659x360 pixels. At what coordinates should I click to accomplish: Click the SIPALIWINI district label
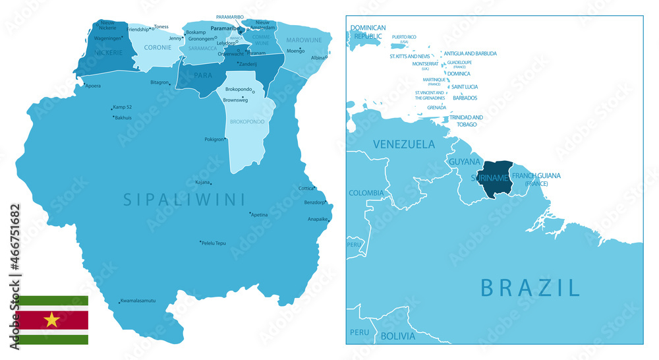pos(184,198)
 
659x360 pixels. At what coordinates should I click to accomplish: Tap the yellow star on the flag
pos(51,320)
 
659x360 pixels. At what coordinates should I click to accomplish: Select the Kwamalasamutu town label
pos(138,301)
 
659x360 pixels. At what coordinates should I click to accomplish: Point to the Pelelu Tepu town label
pos(214,243)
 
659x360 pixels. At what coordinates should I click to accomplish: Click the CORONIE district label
pos(158,47)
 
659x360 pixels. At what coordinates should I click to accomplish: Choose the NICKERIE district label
pos(108,52)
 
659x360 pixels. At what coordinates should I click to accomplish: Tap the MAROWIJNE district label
pos(304,40)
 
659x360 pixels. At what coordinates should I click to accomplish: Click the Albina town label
pos(318,57)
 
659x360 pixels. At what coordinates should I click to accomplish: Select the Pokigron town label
pos(215,139)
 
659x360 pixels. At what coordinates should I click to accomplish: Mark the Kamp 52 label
pos(123,107)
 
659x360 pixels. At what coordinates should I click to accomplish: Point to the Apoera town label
pos(93,86)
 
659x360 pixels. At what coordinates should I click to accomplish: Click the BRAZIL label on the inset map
pos(530,287)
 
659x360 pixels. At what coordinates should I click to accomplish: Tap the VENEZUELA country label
pos(404,144)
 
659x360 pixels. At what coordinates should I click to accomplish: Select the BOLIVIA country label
pos(397,336)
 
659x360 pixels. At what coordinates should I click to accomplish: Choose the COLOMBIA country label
pos(366,193)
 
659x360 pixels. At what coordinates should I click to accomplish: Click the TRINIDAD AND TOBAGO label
pos(467,121)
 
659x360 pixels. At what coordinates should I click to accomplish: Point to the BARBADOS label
pos(465,98)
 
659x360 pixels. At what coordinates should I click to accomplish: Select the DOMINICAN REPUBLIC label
pos(368,32)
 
